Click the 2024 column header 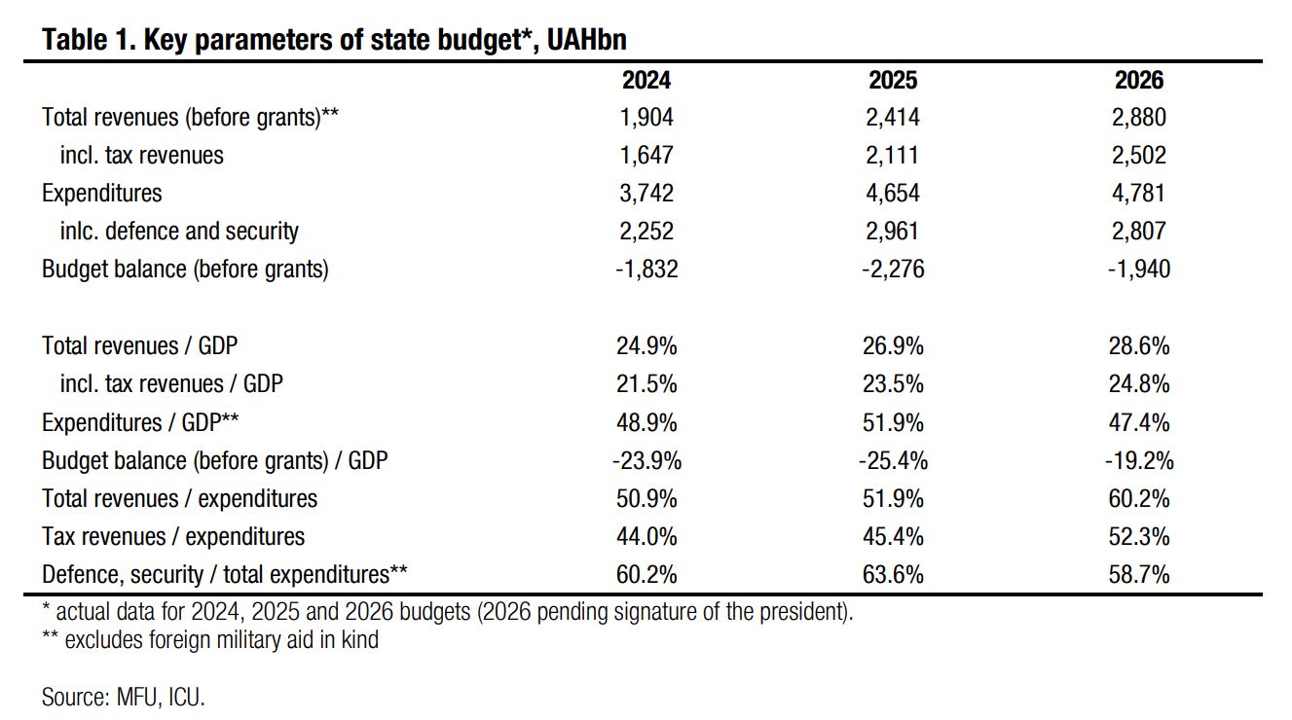click(x=647, y=80)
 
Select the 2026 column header click(x=1139, y=80)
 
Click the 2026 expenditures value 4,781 click(x=1139, y=193)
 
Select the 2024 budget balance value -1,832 click(x=646, y=270)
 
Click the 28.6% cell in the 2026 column click(x=1138, y=346)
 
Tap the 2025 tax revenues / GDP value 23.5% click(x=893, y=384)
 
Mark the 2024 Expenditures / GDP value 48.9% click(x=647, y=422)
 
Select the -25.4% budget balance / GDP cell click(x=891, y=460)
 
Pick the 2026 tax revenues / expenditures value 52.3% click(x=1138, y=536)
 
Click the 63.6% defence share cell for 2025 click(x=893, y=575)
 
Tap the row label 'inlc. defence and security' click(x=179, y=232)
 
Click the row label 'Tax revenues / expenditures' click(x=173, y=536)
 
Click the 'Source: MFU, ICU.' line click(x=124, y=697)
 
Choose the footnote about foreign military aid click(x=210, y=640)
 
